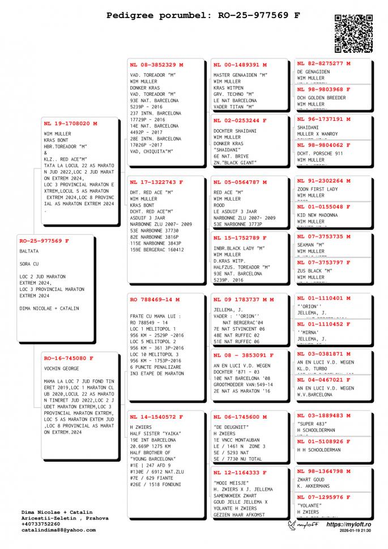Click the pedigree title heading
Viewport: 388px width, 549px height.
(x=203, y=16)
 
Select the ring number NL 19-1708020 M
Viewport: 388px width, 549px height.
(x=71, y=123)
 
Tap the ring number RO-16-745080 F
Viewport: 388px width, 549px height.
(x=68, y=358)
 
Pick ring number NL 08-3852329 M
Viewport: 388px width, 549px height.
(x=156, y=65)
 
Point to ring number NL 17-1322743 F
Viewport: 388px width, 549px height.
(x=156, y=182)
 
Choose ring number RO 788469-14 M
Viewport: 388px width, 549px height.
(x=155, y=299)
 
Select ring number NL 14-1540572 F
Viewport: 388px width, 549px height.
(x=156, y=417)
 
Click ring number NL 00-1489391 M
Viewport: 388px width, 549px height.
(x=240, y=65)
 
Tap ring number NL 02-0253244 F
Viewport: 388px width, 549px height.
(x=240, y=120)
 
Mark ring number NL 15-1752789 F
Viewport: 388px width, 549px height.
(x=240, y=238)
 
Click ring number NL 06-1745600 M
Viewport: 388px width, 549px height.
(x=240, y=417)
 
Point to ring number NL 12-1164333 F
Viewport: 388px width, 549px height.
(x=240, y=472)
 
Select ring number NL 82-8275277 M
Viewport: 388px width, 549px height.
(x=323, y=64)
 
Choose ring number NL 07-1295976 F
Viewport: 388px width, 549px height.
(x=323, y=497)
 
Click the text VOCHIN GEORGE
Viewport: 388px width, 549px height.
(x=60, y=369)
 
